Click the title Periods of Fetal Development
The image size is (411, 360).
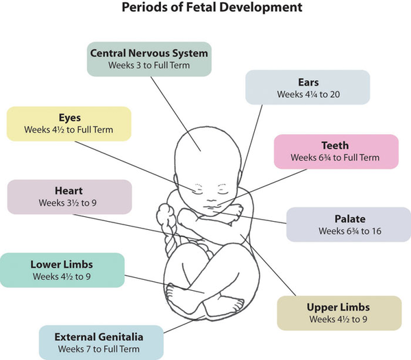(212, 8)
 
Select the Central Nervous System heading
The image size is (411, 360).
(149, 53)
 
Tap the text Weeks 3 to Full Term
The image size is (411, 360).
(149, 65)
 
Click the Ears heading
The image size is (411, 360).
(308, 82)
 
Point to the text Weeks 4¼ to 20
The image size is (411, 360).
(308, 94)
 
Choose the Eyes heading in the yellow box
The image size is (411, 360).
(69, 118)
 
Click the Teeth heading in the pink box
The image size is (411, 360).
(335, 145)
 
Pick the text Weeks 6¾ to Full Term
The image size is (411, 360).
(335, 157)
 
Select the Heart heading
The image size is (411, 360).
(68, 190)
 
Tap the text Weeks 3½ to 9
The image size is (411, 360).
(68, 203)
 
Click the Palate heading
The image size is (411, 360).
(350, 219)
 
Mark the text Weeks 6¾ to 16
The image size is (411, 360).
(350, 231)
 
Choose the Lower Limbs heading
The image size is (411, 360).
(62, 264)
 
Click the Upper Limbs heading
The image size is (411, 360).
(338, 307)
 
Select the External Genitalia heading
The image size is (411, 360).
(99, 337)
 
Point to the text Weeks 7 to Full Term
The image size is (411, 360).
(99, 349)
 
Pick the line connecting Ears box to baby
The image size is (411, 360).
(251, 140)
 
